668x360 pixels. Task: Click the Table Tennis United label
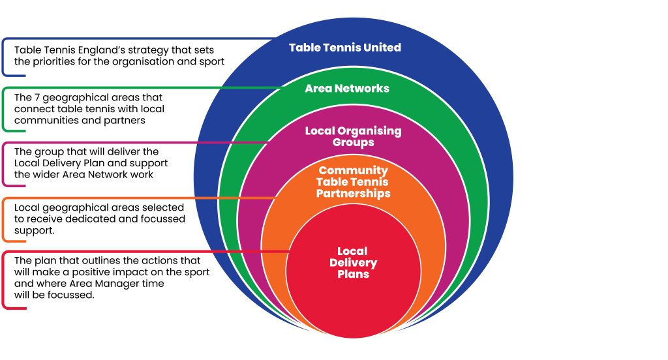[x=344, y=48]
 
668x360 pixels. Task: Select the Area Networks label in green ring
[x=347, y=88]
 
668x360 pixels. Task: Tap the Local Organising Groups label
[x=353, y=136]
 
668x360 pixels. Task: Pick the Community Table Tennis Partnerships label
[x=353, y=182]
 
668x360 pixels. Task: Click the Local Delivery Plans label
[x=353, y=263]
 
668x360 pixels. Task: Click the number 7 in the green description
[x=38, y=97]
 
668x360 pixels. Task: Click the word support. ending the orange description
[x=35, y=231]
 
